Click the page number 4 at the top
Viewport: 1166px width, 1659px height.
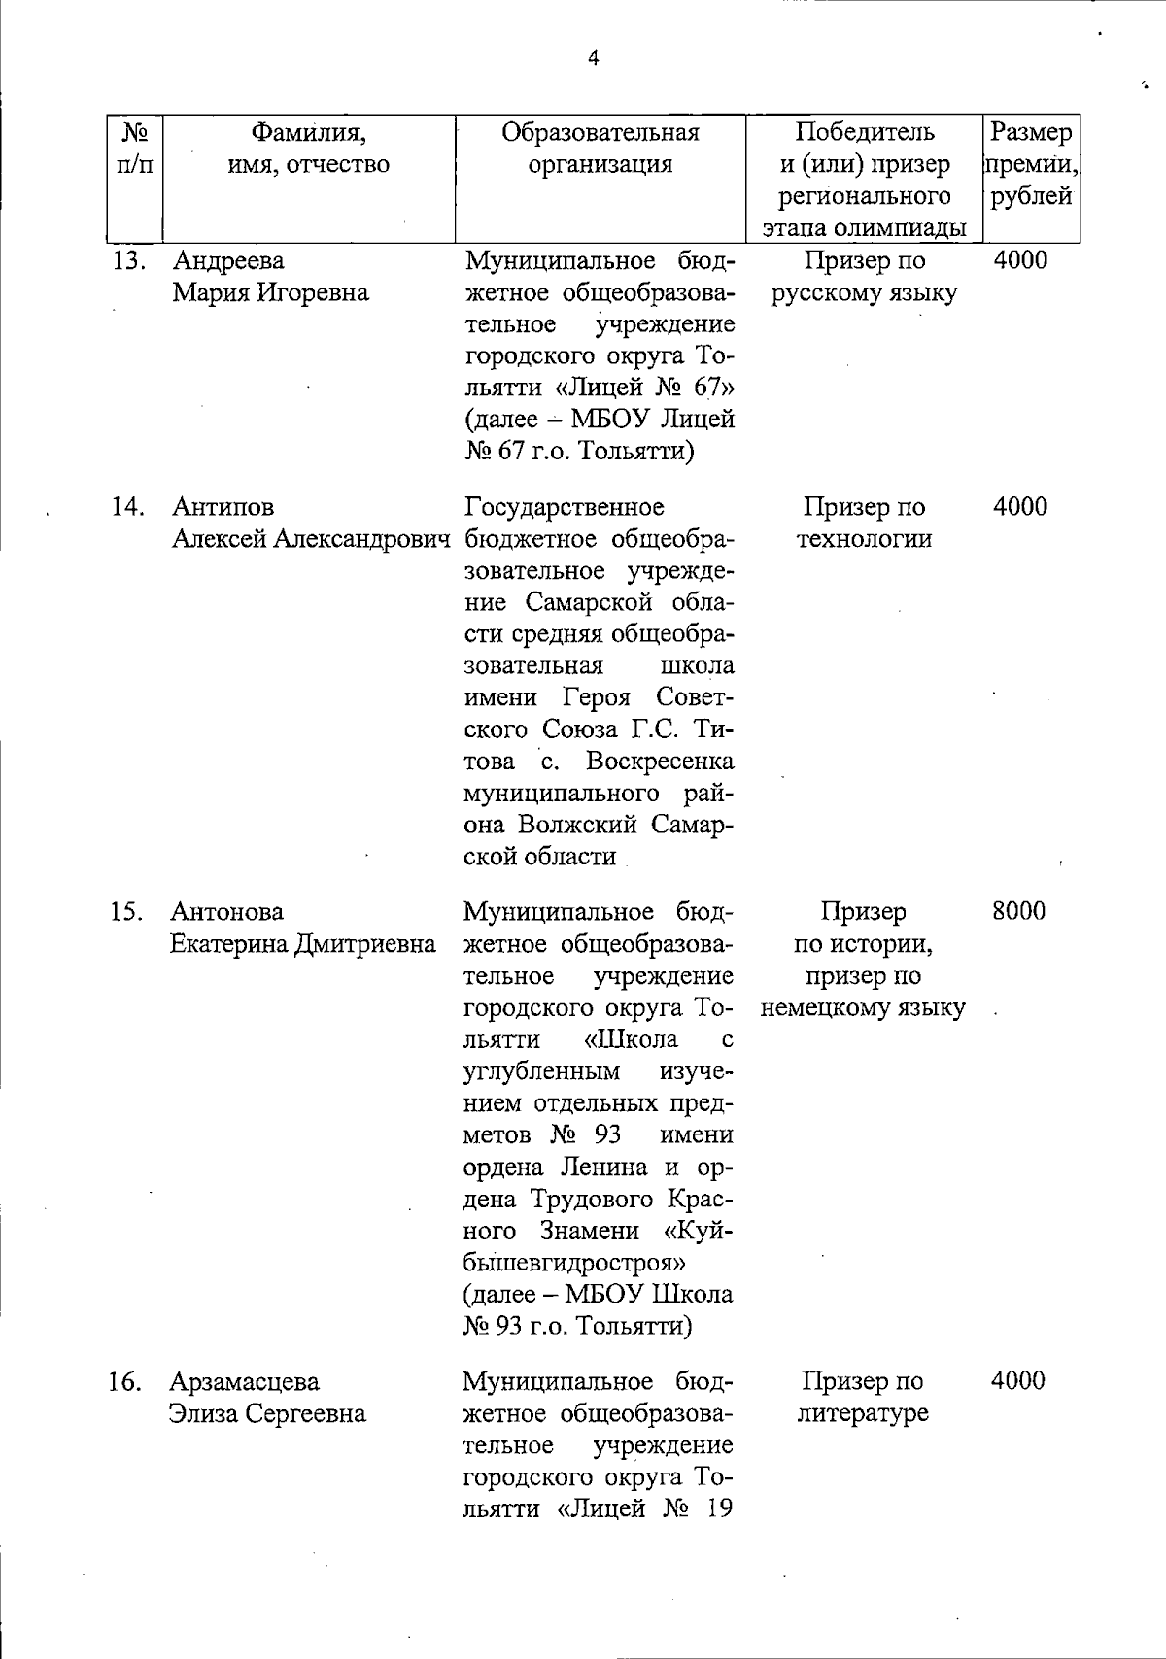pos(594,59)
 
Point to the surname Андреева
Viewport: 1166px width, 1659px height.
pos(228,261)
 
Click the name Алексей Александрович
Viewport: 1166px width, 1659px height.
pos(312,539)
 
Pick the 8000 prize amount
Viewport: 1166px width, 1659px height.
pos(1018,912)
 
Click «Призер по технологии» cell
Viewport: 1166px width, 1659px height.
pos(864,523)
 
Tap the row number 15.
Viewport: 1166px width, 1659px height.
pos(127,912)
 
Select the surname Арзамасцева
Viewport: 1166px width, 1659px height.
pos(245,1381)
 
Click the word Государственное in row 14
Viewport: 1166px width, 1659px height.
pos(565,507)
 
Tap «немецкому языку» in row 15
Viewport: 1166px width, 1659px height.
pos(863,1008)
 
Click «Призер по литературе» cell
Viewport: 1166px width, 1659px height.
pos(863,1397)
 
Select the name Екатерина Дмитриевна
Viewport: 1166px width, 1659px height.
pos(303,944)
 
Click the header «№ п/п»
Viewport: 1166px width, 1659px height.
pos(134,149)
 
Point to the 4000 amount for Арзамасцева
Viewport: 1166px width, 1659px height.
pos(1017,1381)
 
